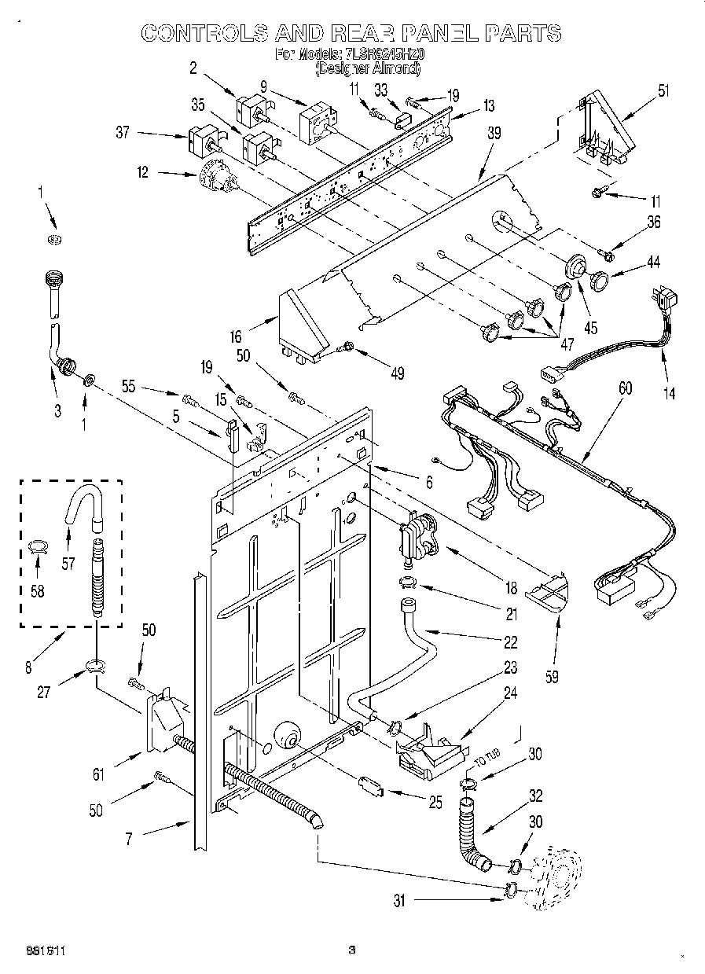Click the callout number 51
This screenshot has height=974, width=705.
coord(663,90)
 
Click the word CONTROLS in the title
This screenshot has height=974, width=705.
coord(203,32)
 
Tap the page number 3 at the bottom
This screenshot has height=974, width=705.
coord(352,950)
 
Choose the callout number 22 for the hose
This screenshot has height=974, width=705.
coord(510,642)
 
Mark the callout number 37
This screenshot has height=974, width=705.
coord(123,132)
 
